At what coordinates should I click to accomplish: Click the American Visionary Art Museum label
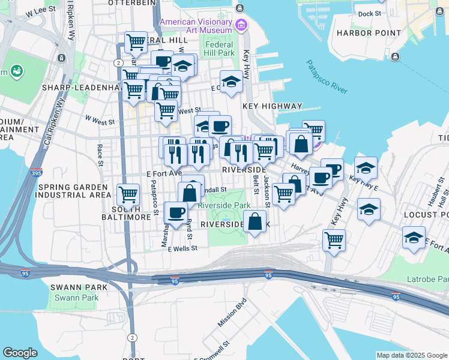pyautogui.click(x=196, y=26)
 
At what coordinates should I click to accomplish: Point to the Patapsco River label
pyautogui.click(x=327, y=77)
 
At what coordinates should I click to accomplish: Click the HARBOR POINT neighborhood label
pyautogui.click(x=369, y=32)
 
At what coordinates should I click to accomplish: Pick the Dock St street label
pyautogui.click(x=369, y=13)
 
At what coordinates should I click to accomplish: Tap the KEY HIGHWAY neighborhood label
pyautogui.click(x=272, y=106)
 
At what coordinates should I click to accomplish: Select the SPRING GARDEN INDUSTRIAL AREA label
pyautogui.click(x=73, y=191)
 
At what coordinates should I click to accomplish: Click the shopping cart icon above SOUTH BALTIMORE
pyautogui.click(x=128, y=194)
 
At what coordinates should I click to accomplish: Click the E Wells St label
pyautogui.click(x=182, y=248)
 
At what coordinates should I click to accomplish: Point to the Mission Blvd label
pyautogui.click(x=232, y=313)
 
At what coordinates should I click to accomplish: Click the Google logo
pyautogui.click(x=20, y=353)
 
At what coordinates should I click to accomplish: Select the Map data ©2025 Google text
pyautogui.click(x=411, y=355)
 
